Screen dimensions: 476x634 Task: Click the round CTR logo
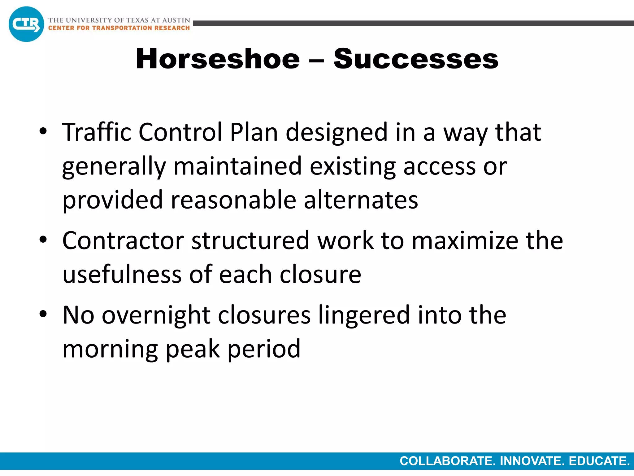coord(26,24)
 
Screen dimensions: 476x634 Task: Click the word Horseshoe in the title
coord(218,59)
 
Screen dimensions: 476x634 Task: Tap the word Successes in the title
coord(416,59)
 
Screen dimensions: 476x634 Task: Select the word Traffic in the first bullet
coord(97,132)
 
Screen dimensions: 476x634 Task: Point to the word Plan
coord(254,132)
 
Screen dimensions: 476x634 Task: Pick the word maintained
coord(237,166)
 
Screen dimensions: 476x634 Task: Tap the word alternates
coord(361,200)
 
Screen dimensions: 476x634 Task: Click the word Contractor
coord(123,241)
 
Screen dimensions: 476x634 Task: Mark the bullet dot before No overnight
coord(43,314)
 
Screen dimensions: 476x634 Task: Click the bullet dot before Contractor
coord(43,239)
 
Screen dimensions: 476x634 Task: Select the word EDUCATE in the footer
coord(599,461)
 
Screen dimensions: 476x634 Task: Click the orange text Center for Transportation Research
coord(119,28)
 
